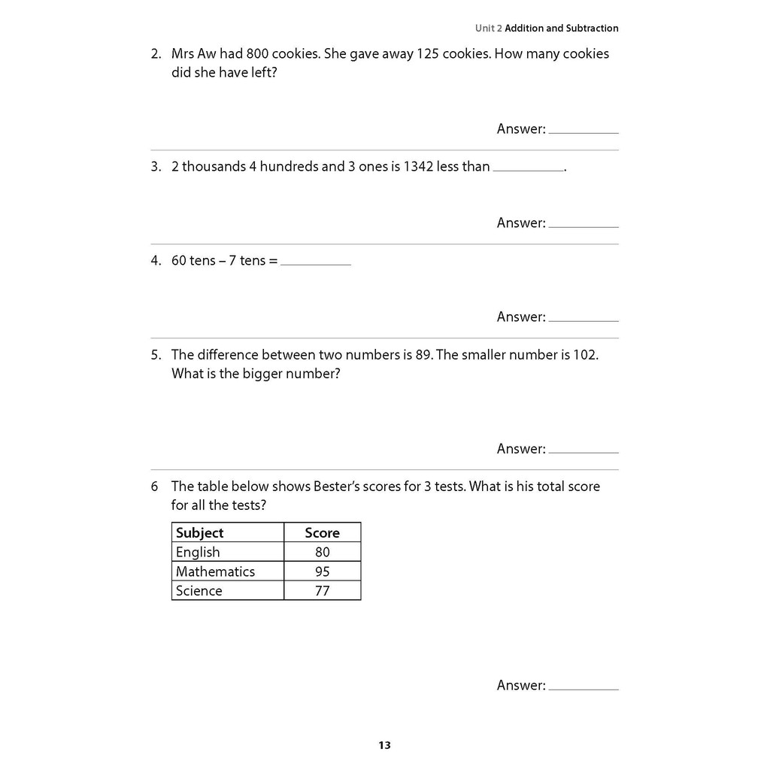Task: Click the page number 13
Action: tap(384, 746)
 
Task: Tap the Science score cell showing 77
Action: tap(322, 591)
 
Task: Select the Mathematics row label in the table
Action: tap(215, 571)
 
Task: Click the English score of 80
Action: tap(322, 552)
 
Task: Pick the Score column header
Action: tap(322, 532)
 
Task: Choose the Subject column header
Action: tap(199, 532)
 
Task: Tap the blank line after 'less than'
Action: tap(528, 169)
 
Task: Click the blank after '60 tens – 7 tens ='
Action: tap(316, 263)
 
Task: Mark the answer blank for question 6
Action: tap(584, 687)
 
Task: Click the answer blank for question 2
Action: tap(584, 131)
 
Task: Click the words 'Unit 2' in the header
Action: tap(488, 29)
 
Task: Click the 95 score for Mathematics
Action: tap(322, 571)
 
